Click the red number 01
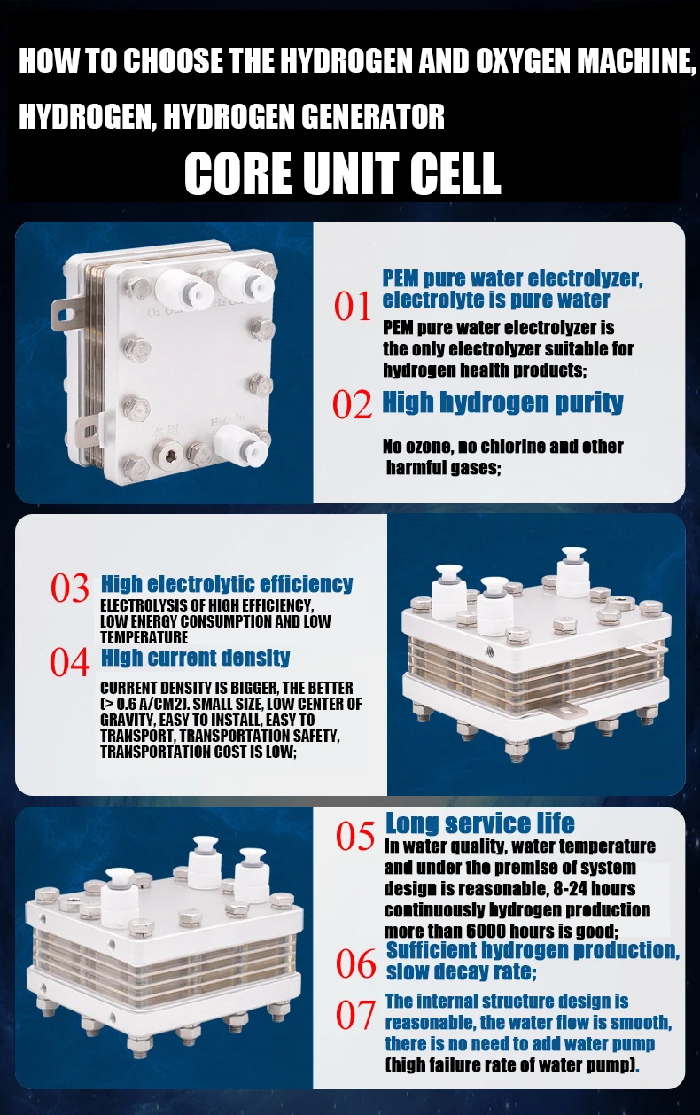(353, 306)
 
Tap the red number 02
(352, 403)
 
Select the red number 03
(70, 588)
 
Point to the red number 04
(70, 662)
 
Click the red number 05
(354, 836)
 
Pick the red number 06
(355, 963)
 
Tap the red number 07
(355, 1015)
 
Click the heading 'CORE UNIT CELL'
(342, 173)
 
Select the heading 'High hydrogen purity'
(502, 402)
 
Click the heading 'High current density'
(196, 658)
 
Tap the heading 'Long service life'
(480, 823)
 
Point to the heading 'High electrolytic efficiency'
(227, 584)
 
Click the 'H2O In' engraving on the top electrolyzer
(227, 421)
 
